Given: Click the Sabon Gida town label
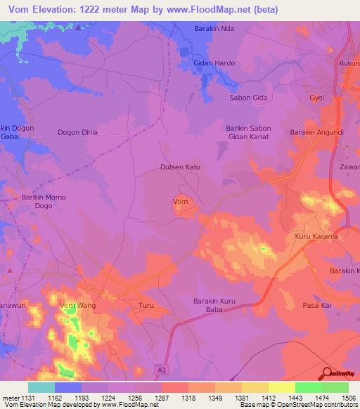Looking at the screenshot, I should click(248, 98).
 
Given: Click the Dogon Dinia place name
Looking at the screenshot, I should click(77, 132).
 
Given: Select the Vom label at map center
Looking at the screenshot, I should click(180, 202).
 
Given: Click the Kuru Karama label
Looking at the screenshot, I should click(316, 236).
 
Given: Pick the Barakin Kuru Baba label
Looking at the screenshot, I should click(217, 306).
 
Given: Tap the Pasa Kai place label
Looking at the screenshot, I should click(316, 306).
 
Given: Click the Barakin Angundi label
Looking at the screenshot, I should click(316, 132).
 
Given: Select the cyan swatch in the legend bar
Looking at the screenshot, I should click(41, 387).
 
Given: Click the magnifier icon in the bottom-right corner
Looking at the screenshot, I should click(327, 373).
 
